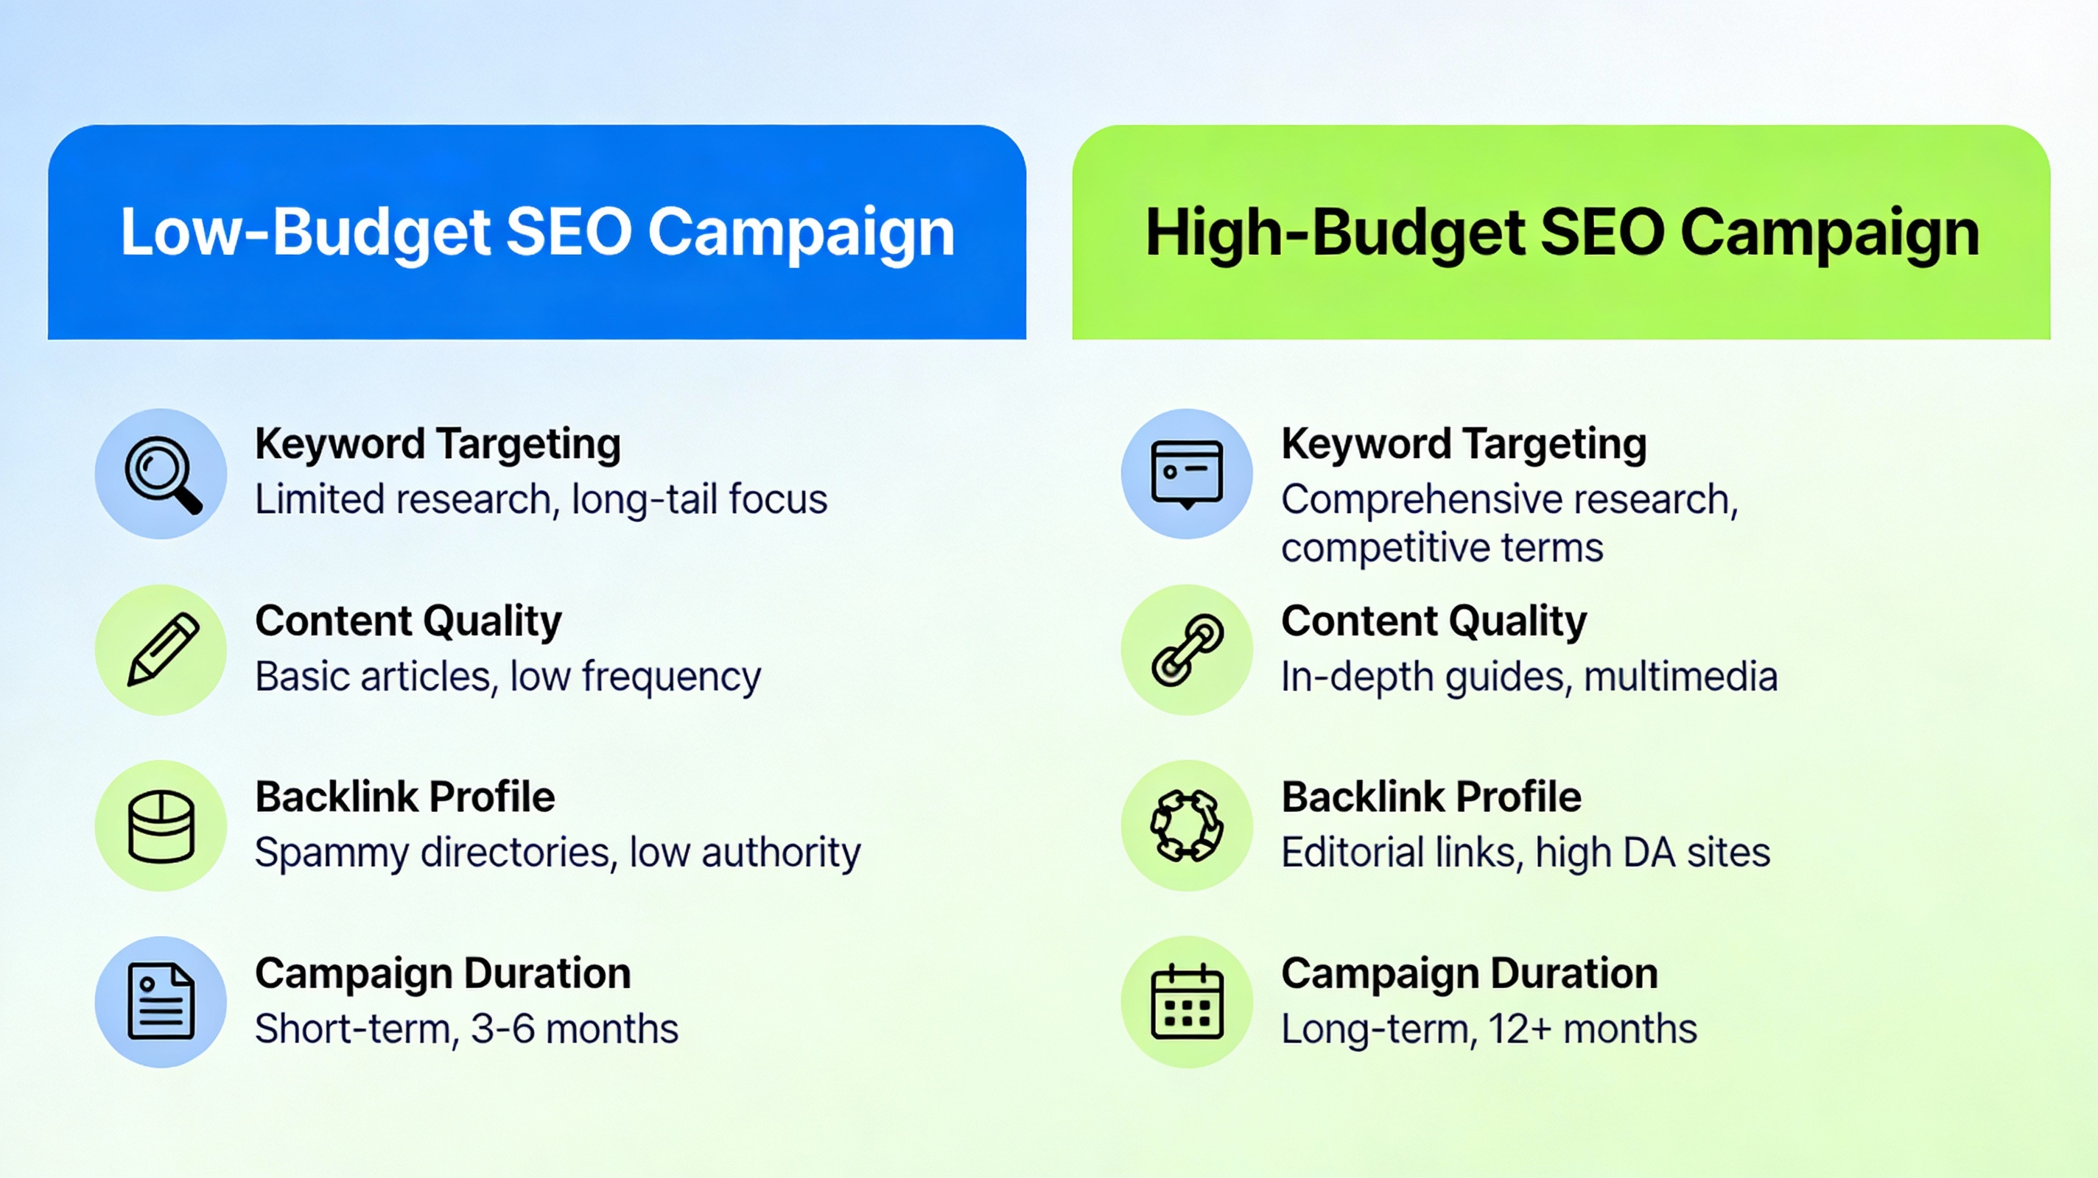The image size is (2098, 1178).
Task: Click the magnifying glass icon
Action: click(161, 474)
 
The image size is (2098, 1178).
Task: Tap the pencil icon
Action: click(161, 649)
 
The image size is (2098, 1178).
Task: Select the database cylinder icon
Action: click(161, 825)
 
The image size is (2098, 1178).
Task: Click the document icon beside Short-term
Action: click(161, 1001)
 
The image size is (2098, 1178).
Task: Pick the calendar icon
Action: click(1187, 1001)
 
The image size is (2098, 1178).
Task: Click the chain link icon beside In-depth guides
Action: click(1187, 649)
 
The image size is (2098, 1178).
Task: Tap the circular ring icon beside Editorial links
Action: click(1187, 825)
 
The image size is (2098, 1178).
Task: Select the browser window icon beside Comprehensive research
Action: click(1187, 474)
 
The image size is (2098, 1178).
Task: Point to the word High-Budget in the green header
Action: click(1335, 233)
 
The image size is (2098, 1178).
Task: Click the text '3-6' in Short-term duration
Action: click(502, 1029)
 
